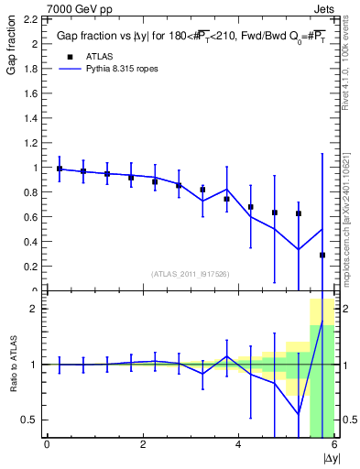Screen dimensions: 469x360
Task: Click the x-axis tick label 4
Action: (238, 445)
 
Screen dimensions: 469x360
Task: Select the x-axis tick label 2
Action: (143, 445)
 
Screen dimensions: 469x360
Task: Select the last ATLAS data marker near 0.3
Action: (322, 256)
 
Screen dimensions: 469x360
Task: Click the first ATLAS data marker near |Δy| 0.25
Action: (60, 169)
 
